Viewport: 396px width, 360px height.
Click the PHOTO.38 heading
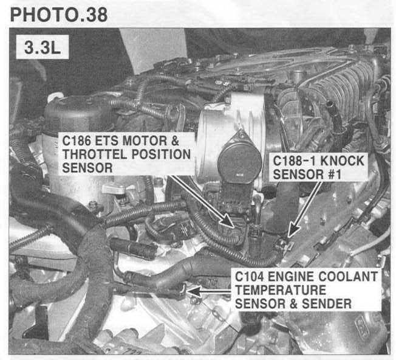[59, 15]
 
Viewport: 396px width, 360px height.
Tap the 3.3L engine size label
[43, 47]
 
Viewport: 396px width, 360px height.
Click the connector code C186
[77, 140]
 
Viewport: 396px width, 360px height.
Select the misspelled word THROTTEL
[95, 154]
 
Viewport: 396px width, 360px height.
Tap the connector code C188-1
[293, 161]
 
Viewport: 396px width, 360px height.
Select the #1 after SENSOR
[335, 175]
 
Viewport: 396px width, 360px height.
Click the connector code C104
[249, 277]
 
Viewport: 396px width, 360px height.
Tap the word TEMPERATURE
[281, 290]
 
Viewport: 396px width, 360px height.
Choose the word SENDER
[327, 303]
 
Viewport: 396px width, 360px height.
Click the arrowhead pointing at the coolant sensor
[193, 291]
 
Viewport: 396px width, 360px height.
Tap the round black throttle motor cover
[239, 162]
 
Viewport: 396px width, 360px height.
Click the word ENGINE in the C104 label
[291, 277]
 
